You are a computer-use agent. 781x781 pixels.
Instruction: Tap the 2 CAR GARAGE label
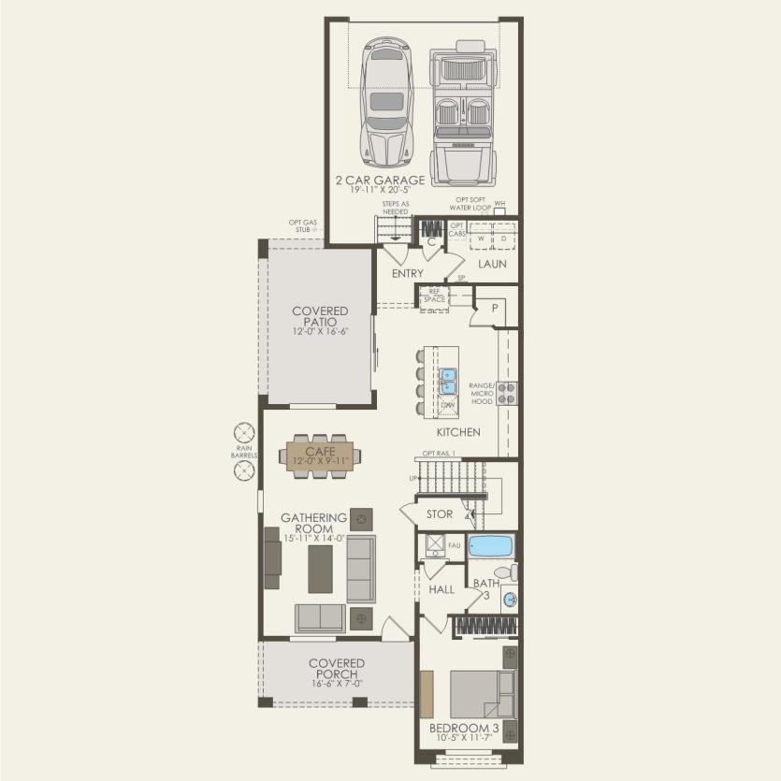[381, 180]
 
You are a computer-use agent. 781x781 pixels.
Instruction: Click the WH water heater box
[499, 211]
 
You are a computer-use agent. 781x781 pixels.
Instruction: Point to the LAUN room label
[492, 264]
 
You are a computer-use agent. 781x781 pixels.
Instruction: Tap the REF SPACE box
[433, 296]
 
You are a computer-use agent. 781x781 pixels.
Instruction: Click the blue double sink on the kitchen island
[447, 381]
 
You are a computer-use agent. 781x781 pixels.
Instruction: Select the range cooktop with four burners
[507, 392]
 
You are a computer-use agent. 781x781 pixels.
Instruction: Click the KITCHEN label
[458, 432]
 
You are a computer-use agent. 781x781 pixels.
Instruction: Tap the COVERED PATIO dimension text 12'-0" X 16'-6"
[319, 331]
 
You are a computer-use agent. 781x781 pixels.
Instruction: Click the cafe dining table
[320, 456]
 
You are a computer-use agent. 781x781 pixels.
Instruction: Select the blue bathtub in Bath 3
[491, 545]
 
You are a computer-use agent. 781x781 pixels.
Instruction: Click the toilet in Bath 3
[503, 571]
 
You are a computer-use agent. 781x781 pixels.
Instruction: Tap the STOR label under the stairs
[439, 514]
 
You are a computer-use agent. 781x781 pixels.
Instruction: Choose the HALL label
[441, 589]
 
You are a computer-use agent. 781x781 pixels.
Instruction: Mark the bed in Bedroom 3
[481, 694]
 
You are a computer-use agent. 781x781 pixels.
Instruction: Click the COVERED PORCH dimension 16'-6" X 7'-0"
[337, 684]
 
